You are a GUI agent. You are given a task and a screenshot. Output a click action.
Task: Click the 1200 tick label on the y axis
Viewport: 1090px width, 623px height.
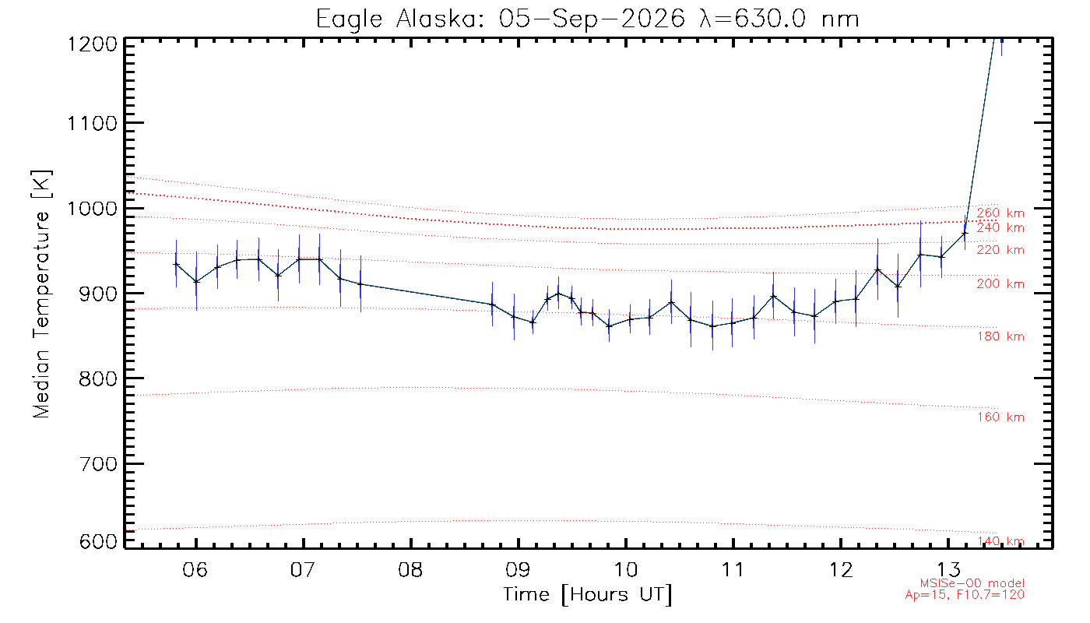pos(93,44)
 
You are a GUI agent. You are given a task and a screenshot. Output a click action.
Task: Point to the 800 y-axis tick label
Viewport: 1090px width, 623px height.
pos(98,378)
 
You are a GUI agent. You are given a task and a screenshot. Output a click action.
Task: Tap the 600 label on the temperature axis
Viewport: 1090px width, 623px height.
pos(98,541)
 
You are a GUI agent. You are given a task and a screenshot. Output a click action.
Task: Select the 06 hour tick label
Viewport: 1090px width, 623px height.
pos(195,569)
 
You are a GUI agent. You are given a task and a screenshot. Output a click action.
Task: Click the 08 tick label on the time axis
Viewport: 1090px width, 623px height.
pos(410,569)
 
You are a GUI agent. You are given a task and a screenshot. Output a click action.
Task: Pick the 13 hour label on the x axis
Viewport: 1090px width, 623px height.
pos(948,569)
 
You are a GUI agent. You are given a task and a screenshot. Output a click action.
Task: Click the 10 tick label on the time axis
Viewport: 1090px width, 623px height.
pos(625,569)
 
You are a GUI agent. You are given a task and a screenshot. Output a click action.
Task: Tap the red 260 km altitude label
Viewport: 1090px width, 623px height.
pos(1000,213)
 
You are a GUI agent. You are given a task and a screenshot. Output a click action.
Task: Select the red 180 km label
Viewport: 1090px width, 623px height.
pos(1000,336)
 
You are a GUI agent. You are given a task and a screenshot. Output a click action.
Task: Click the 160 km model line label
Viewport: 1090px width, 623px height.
pos(1000,417)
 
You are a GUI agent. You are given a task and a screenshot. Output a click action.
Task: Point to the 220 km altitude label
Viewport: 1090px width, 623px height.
pos(1000,250)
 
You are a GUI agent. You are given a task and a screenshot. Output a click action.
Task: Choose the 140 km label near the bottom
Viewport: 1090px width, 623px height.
pos(1000,541)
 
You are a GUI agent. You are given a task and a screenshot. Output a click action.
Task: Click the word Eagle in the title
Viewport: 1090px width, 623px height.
pos(350,20)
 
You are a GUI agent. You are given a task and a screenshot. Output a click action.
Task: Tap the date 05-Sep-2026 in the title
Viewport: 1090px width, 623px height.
pos(592,19)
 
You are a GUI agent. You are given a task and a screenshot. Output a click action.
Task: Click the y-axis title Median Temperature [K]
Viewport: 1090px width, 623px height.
pos(41,294)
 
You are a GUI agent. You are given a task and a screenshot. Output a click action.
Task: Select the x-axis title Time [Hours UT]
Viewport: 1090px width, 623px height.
pos(587,595)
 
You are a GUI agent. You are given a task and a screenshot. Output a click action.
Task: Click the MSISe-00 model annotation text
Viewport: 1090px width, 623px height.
pos(972,583)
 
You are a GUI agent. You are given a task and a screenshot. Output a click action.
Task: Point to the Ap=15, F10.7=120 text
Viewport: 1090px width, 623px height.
pos(965,595)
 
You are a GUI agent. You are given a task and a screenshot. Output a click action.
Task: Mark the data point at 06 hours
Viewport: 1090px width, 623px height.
pos(196,281)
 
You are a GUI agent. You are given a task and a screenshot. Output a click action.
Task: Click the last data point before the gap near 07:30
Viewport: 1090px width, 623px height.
pos(360,283)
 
